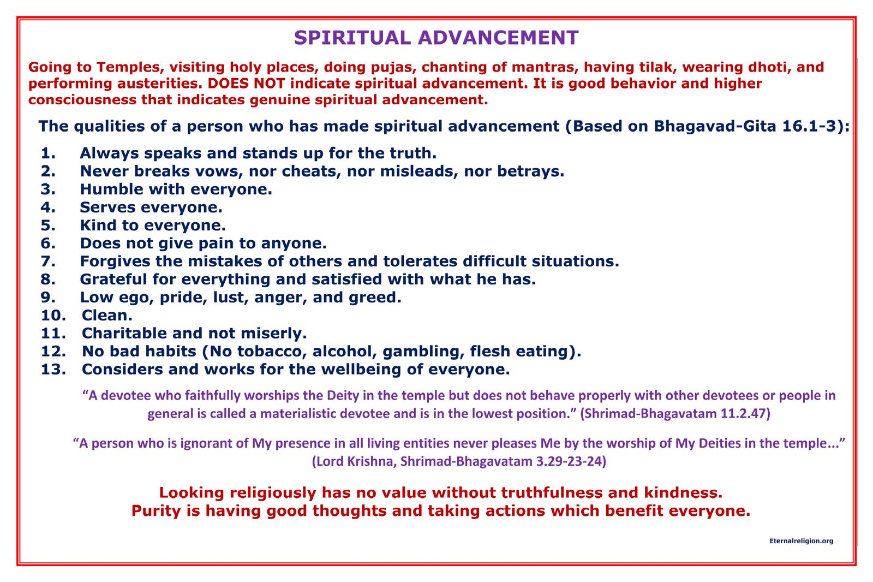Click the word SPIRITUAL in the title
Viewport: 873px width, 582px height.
(352, 38)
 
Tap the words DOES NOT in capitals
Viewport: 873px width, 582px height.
(246, 83)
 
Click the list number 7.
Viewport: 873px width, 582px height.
(48, 261)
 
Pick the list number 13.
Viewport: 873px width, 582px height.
(53, 369)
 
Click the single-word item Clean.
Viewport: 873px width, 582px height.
(107, 315)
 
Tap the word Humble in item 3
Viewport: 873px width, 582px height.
(111, 189)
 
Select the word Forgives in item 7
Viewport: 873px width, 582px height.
(115, 262)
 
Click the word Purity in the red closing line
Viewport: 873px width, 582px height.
(156, 511)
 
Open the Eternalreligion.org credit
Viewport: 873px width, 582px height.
(802, 541)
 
